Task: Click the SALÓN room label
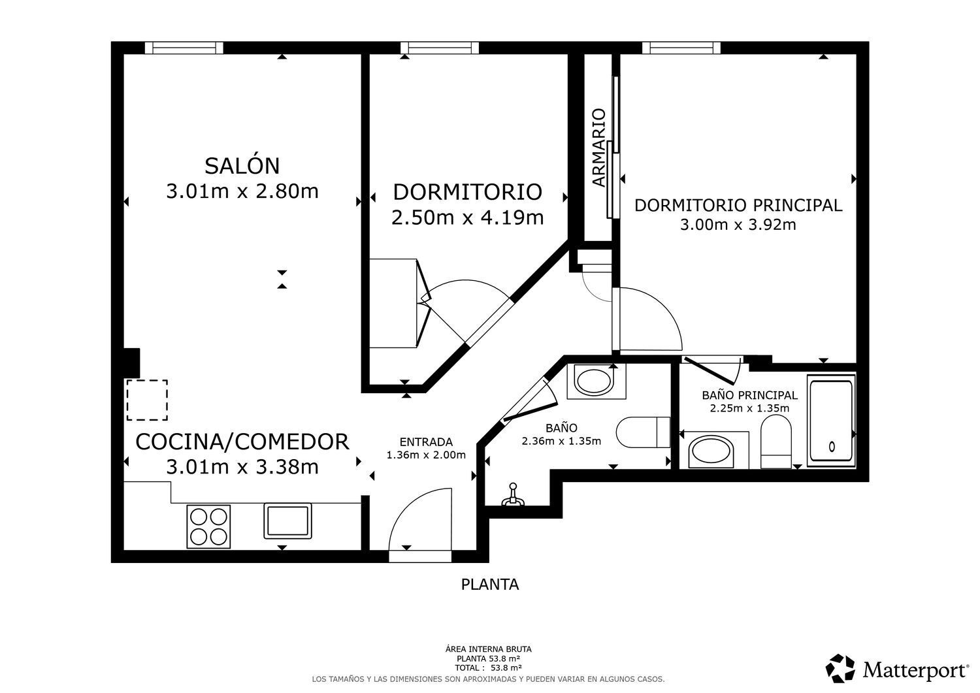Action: [x=242, y=166]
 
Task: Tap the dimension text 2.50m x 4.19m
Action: [x=467, y=217]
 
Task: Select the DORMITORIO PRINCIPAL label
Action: [x=738, y=205]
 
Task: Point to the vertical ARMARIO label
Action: [x=598, y=148]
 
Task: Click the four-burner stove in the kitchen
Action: [x=209, y=527]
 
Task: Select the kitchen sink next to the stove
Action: [x=287, y=521]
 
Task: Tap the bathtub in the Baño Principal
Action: [x=831, y=422]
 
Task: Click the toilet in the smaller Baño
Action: [x=642, y=432]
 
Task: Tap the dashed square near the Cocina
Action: [x=147, y=400]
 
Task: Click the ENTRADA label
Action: [x=426, y=442]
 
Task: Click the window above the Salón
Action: [x=184, y=48]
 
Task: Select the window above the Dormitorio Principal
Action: [x=681, y=48]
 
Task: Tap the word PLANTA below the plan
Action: [x=490, y=585]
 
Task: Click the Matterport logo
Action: [x=898, y=669]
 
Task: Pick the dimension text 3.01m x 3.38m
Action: [x=242, y=467]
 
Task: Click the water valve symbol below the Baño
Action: [x=513, y=496]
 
